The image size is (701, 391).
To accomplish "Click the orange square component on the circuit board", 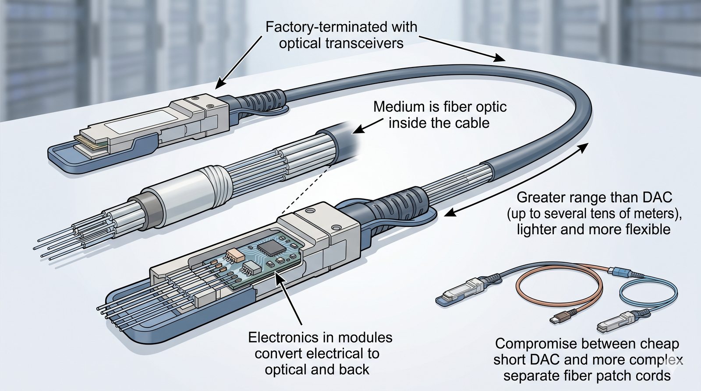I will point(232,255).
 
